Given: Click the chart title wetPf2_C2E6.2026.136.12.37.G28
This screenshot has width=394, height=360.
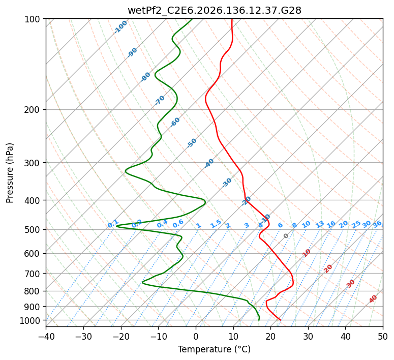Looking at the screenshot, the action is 215,10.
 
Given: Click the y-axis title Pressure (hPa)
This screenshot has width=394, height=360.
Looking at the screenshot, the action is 10,173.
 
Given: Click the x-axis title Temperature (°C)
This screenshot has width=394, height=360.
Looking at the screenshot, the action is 215,349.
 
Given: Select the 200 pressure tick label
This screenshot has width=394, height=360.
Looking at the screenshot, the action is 33,110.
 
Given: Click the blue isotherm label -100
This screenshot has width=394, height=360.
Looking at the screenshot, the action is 120,27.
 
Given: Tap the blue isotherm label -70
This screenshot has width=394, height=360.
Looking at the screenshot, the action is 160,100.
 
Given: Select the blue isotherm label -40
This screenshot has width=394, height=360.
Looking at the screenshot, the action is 209,163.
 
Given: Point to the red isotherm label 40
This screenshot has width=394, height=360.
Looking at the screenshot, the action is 373,299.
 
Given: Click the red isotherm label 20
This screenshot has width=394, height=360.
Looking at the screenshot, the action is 328,269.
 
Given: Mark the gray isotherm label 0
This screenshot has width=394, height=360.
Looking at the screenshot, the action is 286,236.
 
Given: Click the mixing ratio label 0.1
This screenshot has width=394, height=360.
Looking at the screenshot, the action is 113,224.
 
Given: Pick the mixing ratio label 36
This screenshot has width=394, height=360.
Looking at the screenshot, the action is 377,224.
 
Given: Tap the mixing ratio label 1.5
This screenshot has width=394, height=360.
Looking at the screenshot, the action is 216,224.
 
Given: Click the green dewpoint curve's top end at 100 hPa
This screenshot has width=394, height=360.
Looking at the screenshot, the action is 192,19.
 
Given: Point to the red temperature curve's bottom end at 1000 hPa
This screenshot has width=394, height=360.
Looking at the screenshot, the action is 280,320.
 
